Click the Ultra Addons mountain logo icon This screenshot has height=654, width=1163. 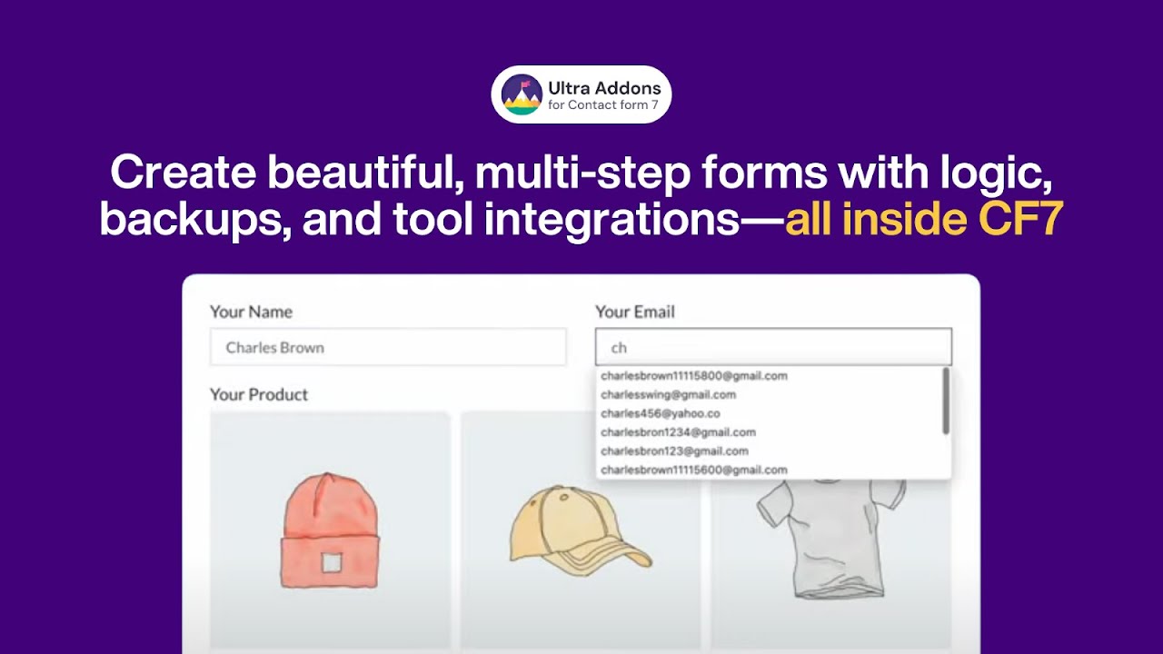click(521, 94)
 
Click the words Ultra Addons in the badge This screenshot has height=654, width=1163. click(603, 88)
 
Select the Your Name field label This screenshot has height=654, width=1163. click(251, 312)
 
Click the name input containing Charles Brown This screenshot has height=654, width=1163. click(388, 348)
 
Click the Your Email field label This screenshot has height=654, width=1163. click(634, 312)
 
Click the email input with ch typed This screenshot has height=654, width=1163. click(773, 348)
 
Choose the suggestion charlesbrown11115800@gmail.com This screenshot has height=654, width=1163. click(694, 376)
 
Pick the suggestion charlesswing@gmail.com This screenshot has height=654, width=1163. click(668, 395)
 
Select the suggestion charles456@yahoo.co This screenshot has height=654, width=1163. click(660, 413)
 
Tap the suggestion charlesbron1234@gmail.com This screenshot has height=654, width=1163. click(678, 432)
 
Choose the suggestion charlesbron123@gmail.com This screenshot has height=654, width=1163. click(674, 451)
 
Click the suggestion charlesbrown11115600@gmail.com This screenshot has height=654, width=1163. click(694, 471)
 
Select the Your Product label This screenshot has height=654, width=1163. click(259, 394)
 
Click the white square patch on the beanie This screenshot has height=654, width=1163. click(331, 564)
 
